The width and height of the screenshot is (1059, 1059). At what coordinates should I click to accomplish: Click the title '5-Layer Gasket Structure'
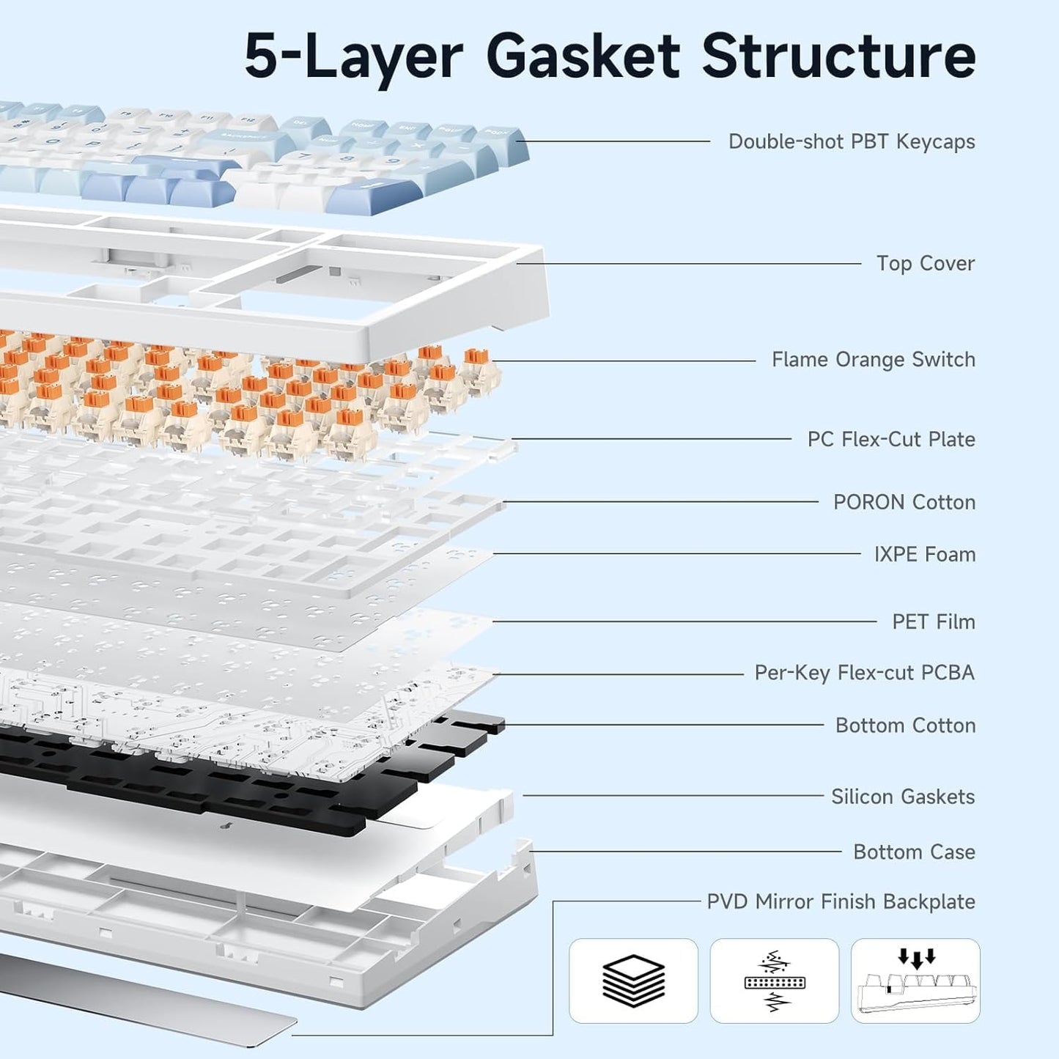610,56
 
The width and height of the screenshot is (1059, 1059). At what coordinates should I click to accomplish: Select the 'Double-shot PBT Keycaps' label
851,141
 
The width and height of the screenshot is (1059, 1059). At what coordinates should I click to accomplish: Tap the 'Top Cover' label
925,263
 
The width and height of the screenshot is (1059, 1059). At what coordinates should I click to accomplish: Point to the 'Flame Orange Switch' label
873,360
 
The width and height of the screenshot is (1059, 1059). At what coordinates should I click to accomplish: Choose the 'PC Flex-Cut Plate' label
890,439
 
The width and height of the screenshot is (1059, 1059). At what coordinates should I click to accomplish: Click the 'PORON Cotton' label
904,502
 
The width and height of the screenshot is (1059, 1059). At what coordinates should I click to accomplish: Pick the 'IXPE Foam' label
924,554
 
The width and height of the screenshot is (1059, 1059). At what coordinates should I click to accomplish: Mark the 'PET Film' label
933,621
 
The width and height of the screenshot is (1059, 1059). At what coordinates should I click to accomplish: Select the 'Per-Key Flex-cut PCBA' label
864,673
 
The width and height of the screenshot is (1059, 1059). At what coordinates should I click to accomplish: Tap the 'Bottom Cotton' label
905,725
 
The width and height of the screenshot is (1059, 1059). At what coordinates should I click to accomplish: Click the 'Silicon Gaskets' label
902,796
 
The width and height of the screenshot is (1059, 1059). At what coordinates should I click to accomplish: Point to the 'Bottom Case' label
914,852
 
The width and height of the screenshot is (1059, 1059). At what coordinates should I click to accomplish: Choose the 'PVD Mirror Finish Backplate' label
841,901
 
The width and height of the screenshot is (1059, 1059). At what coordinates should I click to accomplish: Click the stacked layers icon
633,981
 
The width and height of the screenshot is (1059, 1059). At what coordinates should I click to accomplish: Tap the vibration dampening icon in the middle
774,981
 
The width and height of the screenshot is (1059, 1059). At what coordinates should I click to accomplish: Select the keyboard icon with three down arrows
915,981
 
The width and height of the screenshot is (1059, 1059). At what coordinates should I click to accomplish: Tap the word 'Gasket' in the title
583,56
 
